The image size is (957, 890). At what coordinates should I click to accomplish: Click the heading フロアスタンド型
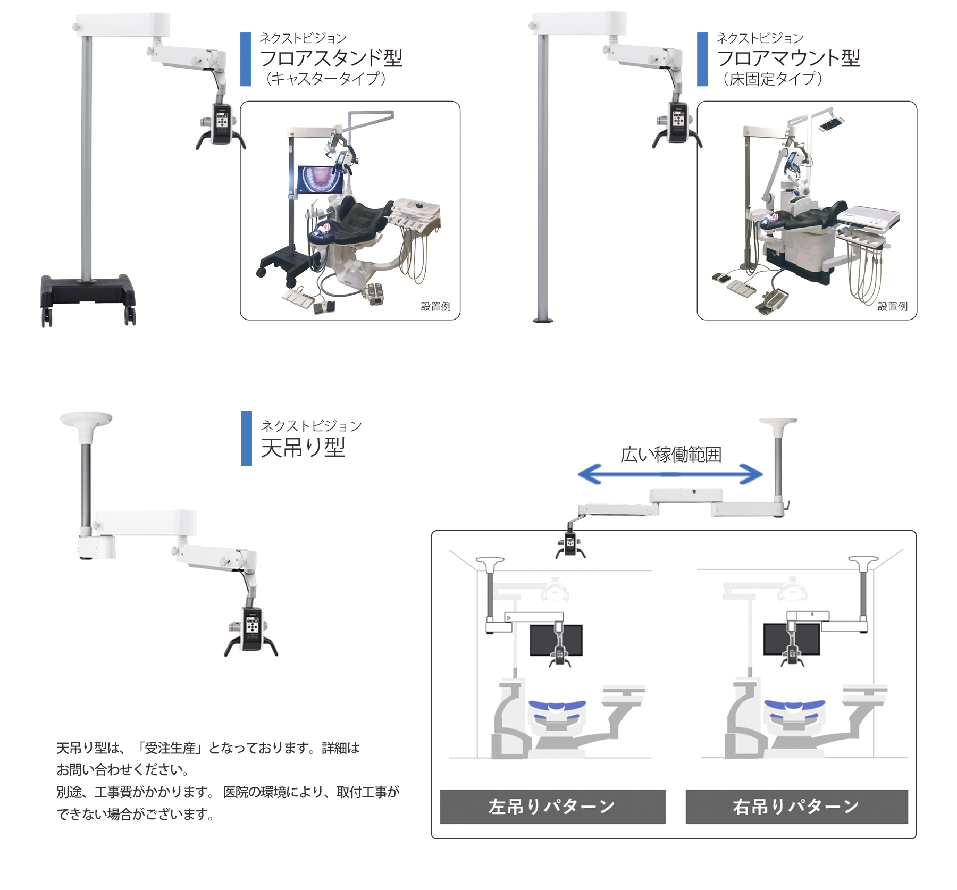click(x=331, y=58)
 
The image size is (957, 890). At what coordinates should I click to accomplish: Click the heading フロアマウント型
click(x=788, y=58)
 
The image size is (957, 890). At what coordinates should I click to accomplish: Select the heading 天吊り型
click(x=303, y=448)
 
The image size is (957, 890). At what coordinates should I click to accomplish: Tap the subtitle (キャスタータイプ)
click(x=325, y=79)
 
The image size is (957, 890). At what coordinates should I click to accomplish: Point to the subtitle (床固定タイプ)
click(x=772, y=79)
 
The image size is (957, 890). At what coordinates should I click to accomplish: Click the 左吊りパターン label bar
click(x=552, y=807)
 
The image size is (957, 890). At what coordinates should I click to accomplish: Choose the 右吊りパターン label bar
click(x=796, y=807)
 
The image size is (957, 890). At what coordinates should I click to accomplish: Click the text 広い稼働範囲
click(x=670, y=455)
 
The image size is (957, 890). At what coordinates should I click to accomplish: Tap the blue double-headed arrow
click(x=670, y=474)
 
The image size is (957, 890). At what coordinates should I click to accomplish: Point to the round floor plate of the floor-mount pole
click(x=543, y=320)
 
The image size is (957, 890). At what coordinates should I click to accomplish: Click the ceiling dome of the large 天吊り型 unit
click(x=86, y=419)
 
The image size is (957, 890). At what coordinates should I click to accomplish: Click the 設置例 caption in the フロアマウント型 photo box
click(x=892, y=306)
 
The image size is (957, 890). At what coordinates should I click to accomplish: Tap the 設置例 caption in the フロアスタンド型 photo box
click(x=435, y=306)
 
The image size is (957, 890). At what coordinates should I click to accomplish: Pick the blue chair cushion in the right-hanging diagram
click(x=794, y=708)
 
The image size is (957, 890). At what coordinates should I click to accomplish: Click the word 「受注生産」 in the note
click(x=170, y=748)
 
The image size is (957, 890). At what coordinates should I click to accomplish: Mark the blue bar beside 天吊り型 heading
click(x=246, y=438)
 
